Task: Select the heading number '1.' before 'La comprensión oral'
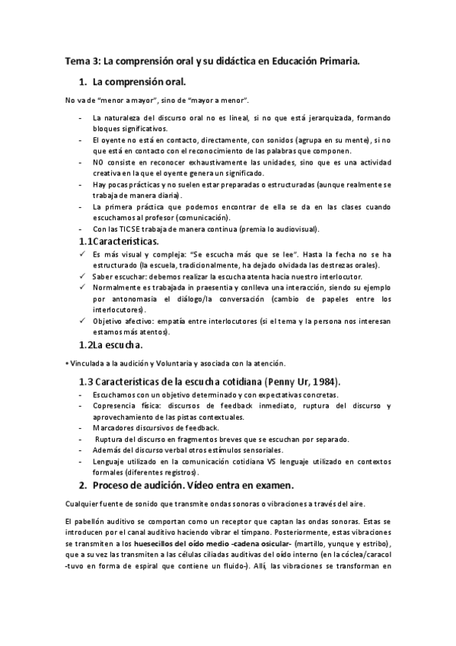pos(83,81)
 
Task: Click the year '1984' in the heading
pos(323,381)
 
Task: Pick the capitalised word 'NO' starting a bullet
pos(97,162)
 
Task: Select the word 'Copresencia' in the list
pos(113,406)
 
